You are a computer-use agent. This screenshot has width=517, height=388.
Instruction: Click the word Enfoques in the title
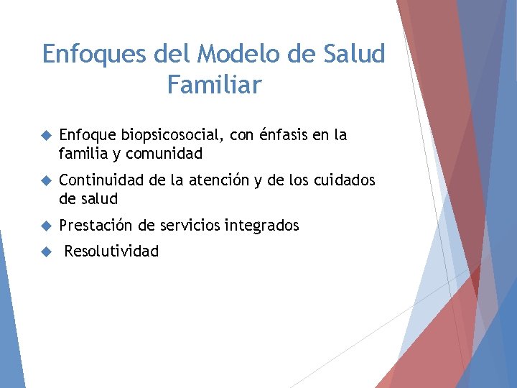tap(92, 54)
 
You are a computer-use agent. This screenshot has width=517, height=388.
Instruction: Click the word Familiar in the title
tap(214, 86)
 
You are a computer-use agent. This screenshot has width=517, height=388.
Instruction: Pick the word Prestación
tap(96, 226)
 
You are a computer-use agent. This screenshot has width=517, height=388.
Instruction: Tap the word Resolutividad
tap(111, 251)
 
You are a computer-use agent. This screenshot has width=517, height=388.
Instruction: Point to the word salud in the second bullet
tap(98, 199)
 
